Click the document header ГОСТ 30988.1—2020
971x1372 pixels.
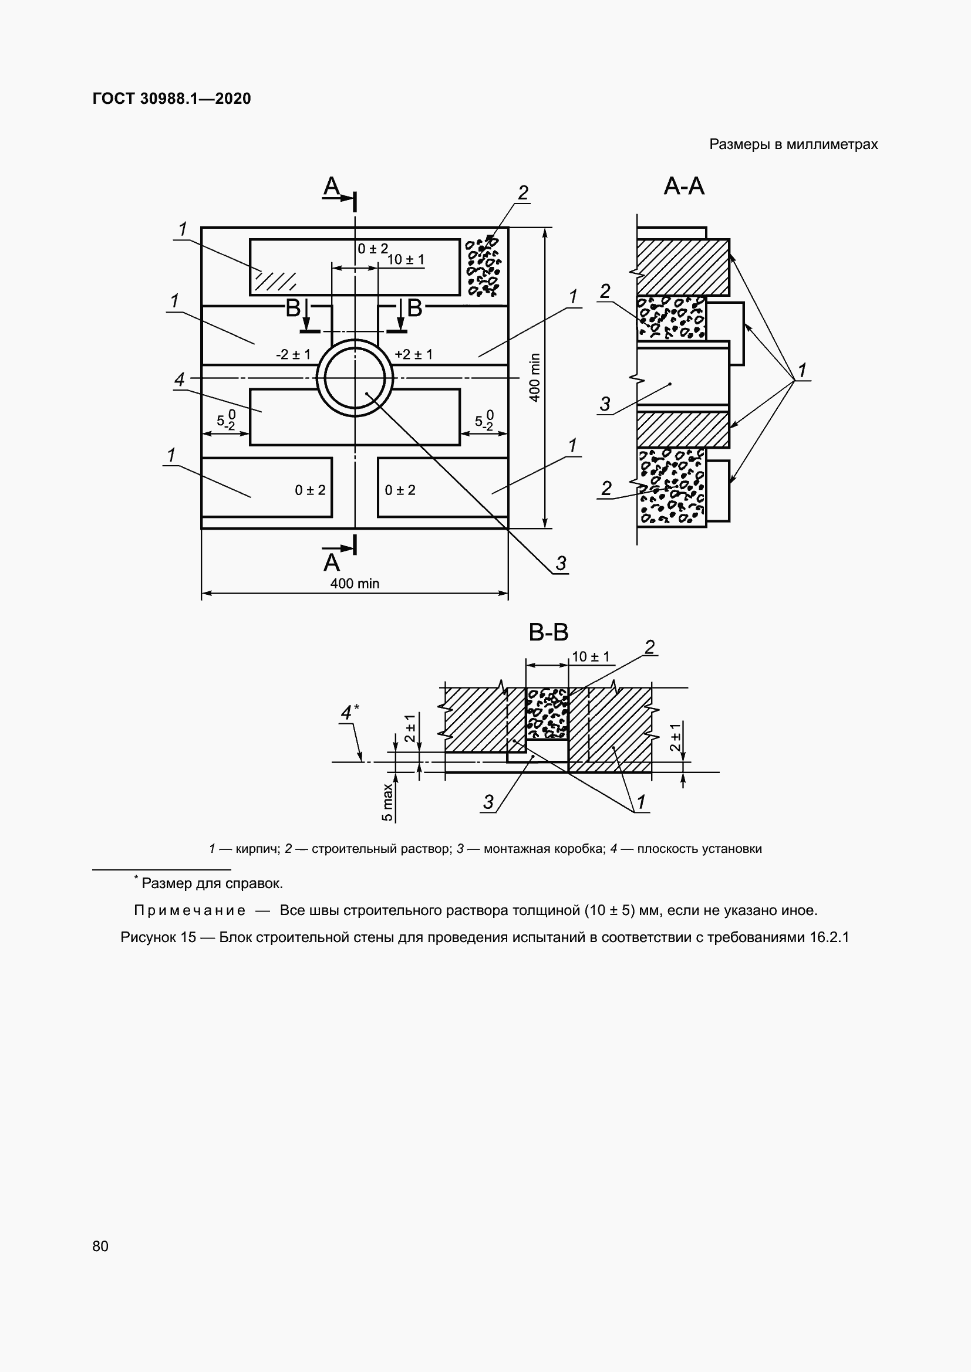pyautogui.click(x=171, y=99)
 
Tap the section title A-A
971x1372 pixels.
pyautogui.click(x=684, y=187)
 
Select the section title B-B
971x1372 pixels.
pyautogui.click(x=548, y=632)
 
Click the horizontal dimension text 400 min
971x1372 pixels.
pyautogui.click(x=355, y=584)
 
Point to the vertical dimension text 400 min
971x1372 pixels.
pyautogui.click(x=535, y=378)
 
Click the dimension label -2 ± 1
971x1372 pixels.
pyautogui.click(x=293, y=354)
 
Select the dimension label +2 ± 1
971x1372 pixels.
pyautogui.click(x=413, y=354)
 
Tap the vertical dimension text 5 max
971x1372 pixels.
pyautogui.click(x=387, y=802)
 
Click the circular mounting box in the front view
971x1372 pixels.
pyautogui.click(x=355, y=378)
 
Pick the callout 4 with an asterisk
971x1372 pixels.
pyautogui.click(x=349, y=713)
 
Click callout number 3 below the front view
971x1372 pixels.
pyautogui.click(x=560, y=564)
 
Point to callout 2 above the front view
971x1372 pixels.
pyautogui.click(x=523, y=193)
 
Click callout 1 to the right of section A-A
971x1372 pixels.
pyautogui.click(x=802, y=371)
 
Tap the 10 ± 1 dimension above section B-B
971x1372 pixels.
pyautogui.click(x=590, y=657)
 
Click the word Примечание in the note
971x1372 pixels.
pyautogui.click(x=190, y=910)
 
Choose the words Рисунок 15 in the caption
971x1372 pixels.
pyautogui.click(x=158, y=937)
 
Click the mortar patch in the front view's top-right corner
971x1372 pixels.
pyautogui.click(x=483, y=267)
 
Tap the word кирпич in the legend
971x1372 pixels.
pyautogui.click(x=257, y=849)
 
